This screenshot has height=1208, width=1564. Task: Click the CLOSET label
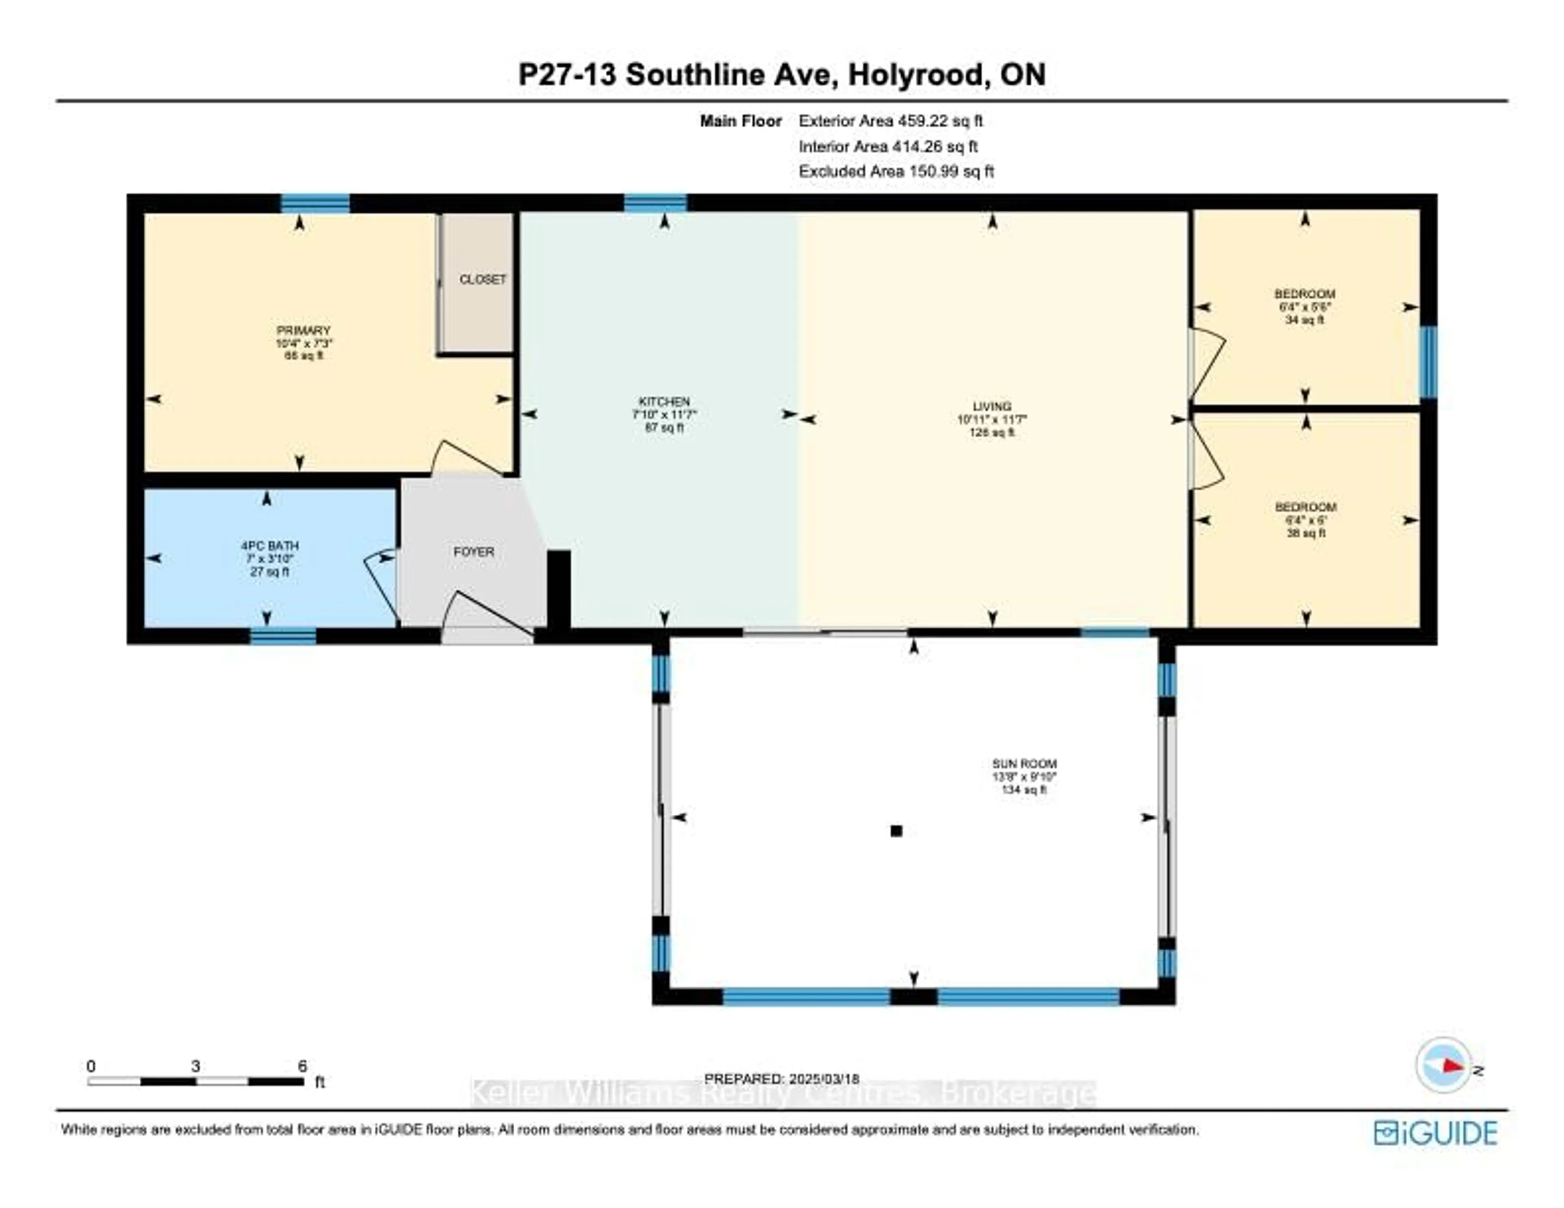(x=482, y=279)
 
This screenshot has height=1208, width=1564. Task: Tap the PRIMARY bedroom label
(x=303, y=331)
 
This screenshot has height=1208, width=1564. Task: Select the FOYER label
(x=473, y=551)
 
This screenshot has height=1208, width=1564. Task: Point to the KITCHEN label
(x=664, y=402)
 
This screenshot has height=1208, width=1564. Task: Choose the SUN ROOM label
(x=1024, y=764)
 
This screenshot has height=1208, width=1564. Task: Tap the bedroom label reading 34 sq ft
(x=1304, y=307)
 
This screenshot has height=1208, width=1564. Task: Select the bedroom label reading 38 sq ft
(x=1305, y=520)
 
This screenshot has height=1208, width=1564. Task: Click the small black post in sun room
(x=896, y=831)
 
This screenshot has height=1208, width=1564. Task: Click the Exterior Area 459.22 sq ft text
(x=890, y=121)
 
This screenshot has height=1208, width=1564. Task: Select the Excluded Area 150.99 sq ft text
(x=896, y=171)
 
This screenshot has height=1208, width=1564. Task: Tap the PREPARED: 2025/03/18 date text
(x=781, y=1079)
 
